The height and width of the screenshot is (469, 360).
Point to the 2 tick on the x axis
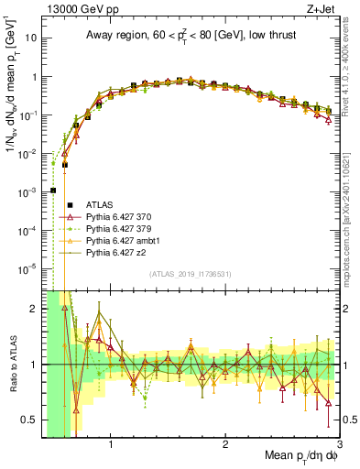[225, 445]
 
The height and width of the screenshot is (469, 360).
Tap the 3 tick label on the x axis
[339, 445]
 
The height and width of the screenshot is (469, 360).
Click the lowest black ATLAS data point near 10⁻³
[53, 191]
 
